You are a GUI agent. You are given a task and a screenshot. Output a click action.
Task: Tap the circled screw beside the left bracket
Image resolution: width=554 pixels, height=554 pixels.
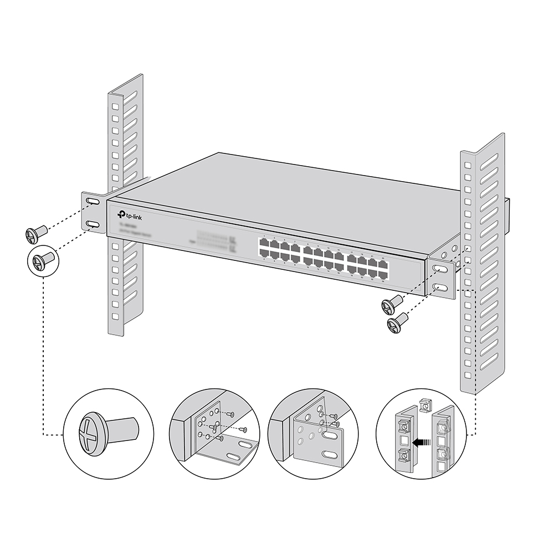pyautogui.click(x=42, y=259)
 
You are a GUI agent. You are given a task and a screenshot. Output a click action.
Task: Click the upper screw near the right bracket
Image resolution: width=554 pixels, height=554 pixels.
pyautogui.click(x=392, y=303)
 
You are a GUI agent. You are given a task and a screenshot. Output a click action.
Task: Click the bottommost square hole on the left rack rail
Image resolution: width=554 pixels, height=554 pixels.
pyautogui.click(x=115, y=317)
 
